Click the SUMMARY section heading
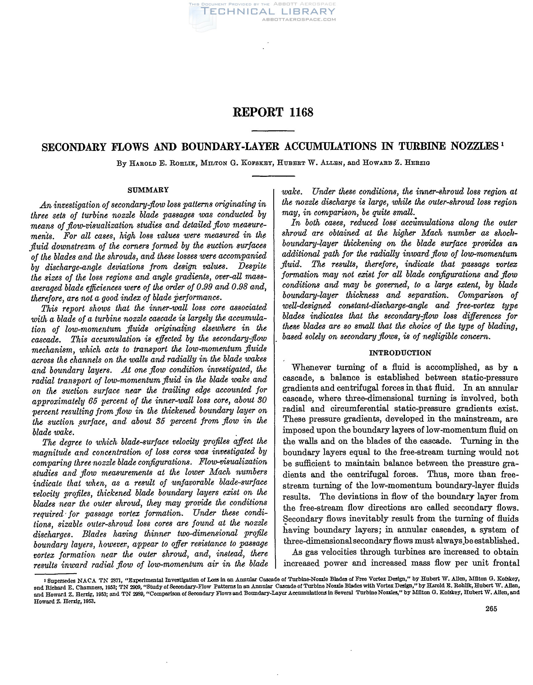pyautogui.click(x=148, y=190)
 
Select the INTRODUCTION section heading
pyautogui.click(x=400, y=353)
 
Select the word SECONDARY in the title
pyautogui.click(x=74, y=147)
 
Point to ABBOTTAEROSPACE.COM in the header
pyautogui.click(x=299, y=19)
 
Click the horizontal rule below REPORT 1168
pyautogui.click(x=273, y=131)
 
